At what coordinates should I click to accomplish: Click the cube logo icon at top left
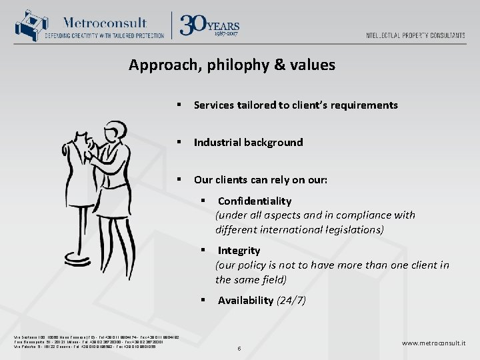click(27, 26)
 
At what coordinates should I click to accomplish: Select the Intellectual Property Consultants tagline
click(415, 35)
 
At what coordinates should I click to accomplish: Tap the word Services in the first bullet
click(213, 105)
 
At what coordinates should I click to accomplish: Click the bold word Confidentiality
click(254, 201)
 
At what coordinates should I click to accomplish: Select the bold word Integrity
click(239, 250)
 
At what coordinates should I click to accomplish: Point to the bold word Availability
click(245, 300)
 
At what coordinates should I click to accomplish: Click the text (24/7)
click(291, 300)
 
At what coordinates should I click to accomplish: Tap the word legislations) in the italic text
click(351, 229)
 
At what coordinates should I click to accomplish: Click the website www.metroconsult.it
click(433, 343)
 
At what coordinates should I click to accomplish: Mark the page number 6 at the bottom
click(239, 348)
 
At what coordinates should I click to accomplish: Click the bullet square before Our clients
click(179, 180)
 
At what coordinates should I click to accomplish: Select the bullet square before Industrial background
click(179, 143)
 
